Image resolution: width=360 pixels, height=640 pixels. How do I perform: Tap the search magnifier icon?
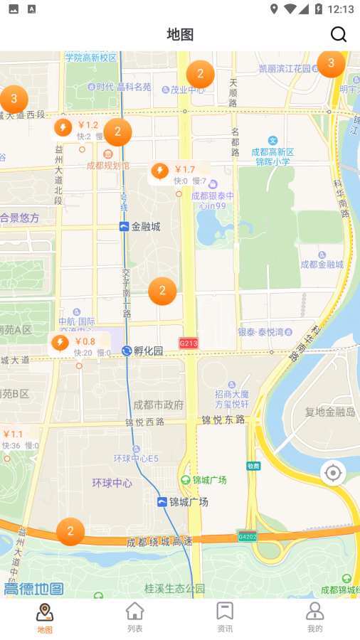tap(339, 34)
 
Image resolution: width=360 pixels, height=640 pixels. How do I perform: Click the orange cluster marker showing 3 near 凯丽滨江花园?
tap(331, 63)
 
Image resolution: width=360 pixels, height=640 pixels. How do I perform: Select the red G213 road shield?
tap(189, 343)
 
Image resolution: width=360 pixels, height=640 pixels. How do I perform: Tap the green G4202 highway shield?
tap(247, 537)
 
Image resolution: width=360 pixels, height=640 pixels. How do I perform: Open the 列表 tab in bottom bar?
tap(134, 616)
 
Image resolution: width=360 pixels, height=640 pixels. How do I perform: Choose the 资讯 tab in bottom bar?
tap(225, 616)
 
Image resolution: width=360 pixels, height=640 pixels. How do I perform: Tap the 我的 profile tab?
tap(314, 616)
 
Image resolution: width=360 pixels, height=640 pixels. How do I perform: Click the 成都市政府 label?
tap(158, 405)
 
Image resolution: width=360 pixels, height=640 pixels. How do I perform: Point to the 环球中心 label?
tap(112, 483)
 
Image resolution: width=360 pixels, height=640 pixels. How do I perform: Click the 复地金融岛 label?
tap(330, 412)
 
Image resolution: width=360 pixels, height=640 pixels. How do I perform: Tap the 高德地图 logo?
tap(33, 589)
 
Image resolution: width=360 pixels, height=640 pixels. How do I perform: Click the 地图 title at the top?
tap(180, 34)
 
